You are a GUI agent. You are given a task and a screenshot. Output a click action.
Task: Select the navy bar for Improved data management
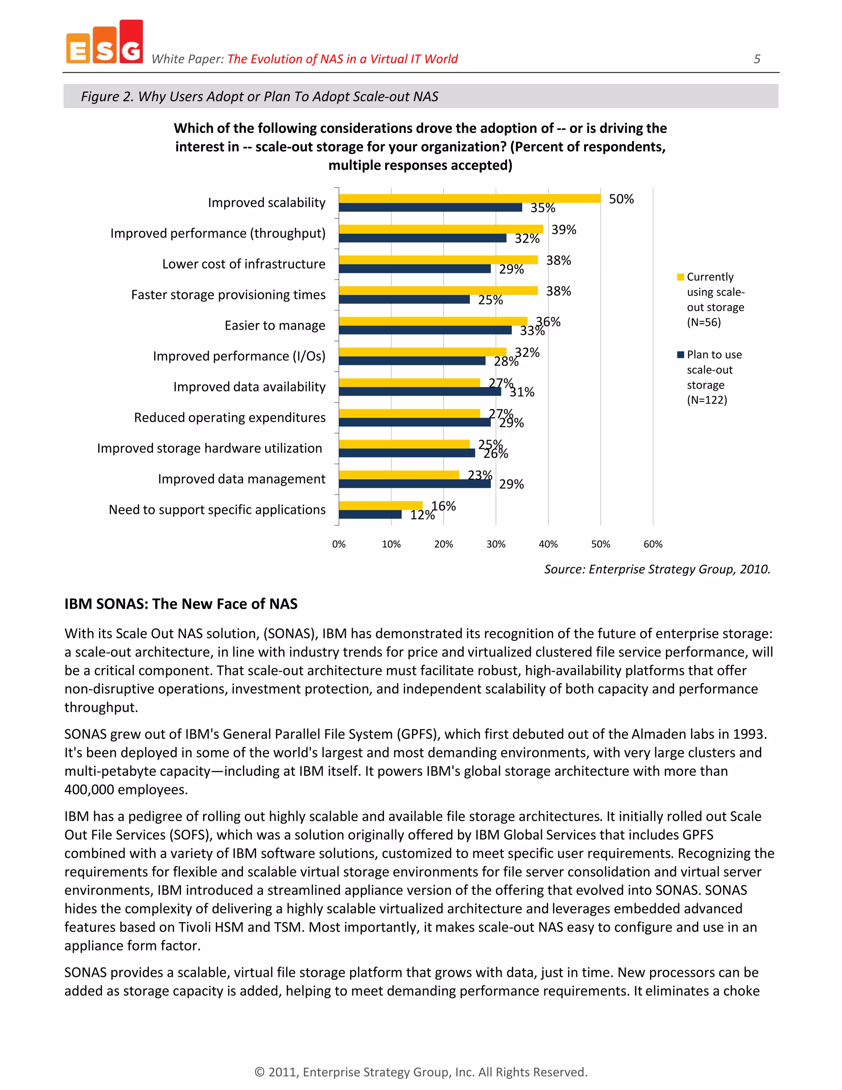coord(414,484)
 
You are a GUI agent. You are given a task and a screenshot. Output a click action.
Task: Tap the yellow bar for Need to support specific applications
coord(380,505)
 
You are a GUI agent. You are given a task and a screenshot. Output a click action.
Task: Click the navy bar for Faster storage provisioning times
coord(404,299)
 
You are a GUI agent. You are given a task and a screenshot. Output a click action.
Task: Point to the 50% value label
coord(621,199)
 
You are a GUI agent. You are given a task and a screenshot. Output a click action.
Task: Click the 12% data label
coord(422,515)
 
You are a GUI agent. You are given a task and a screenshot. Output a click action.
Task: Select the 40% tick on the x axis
coord(548,544)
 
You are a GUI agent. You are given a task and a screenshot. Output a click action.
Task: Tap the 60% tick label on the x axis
coord(652,544)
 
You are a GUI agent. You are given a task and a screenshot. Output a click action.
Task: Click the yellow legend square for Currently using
coord(680,277)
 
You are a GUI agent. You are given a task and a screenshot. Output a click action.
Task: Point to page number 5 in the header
coord(757,59)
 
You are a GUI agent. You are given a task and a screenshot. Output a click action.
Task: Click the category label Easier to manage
coord(275,325)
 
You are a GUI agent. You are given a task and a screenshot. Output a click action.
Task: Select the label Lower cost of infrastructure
coord(243,264)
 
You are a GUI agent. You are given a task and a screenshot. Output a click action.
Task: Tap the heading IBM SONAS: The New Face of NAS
coord(180,604)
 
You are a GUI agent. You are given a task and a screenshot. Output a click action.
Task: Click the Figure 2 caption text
coord(259,96)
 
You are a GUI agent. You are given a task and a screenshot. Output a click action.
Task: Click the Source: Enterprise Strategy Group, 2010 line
coord(657,569)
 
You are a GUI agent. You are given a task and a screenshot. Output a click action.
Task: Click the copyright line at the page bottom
coord(421,1072)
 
